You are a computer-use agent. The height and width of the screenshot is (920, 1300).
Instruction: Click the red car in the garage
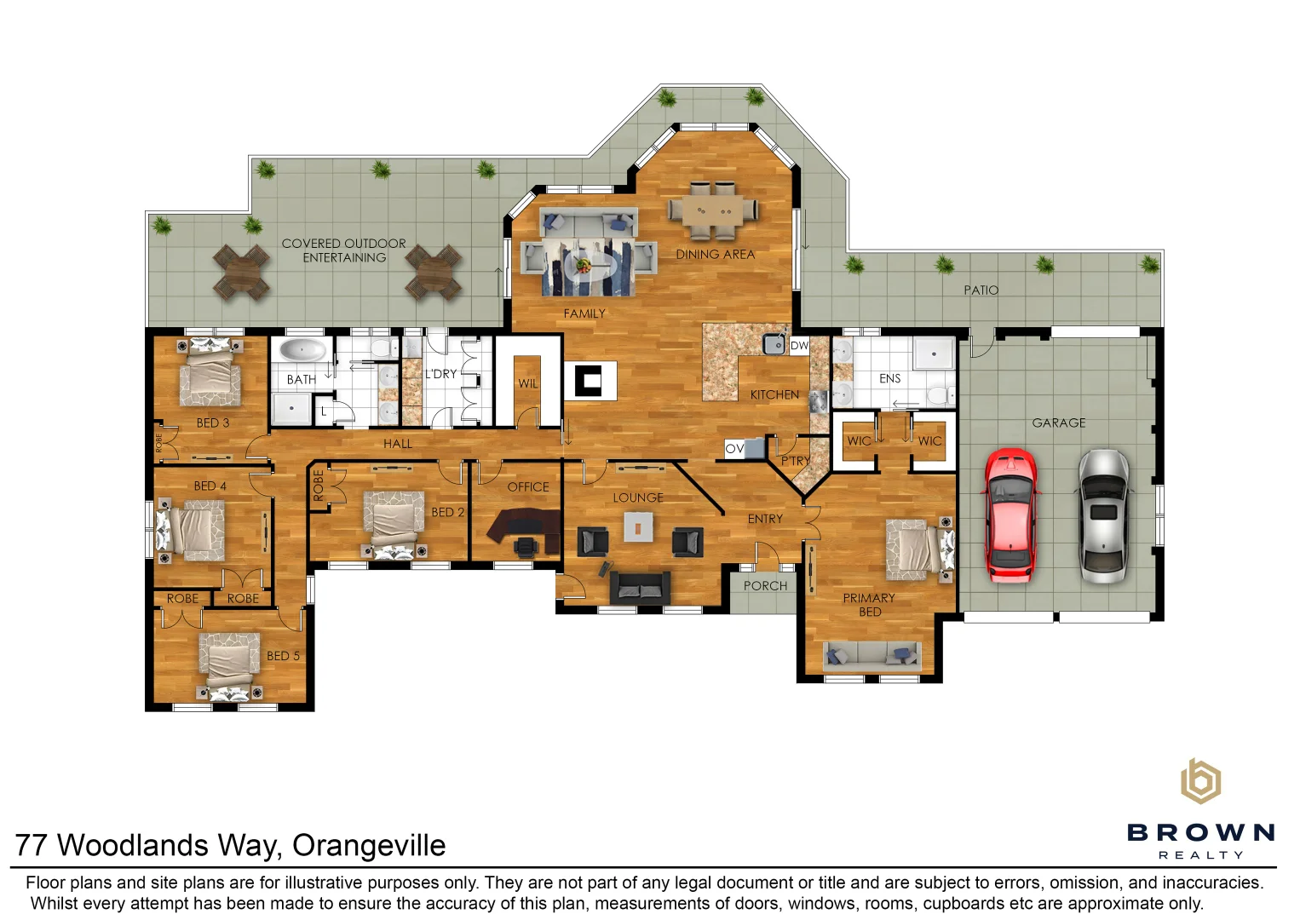1010,515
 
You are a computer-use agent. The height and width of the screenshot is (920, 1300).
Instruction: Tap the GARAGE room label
1058,423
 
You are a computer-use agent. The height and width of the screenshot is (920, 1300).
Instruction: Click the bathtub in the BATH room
302,351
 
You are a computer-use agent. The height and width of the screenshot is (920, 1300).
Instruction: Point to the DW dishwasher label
799,345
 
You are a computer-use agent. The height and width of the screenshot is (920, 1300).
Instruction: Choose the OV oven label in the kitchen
734,448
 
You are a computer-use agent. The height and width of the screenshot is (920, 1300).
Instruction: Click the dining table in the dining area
713,210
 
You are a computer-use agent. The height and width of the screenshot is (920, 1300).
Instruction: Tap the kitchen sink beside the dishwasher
774,344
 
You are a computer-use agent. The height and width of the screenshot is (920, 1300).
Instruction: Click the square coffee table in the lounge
638,527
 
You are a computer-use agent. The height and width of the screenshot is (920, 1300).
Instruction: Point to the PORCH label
765,586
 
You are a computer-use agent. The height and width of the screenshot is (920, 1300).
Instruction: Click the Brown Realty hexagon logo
1199,781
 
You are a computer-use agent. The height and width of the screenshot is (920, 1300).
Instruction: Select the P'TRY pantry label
796,461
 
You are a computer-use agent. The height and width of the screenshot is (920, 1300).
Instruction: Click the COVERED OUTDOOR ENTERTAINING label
344,250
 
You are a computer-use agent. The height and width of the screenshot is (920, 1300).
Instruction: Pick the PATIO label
981,290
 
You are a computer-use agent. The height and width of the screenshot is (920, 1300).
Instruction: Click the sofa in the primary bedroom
871,654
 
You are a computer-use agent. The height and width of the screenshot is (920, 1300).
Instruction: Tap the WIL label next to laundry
528,383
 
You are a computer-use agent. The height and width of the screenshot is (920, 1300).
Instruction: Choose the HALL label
398,444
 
